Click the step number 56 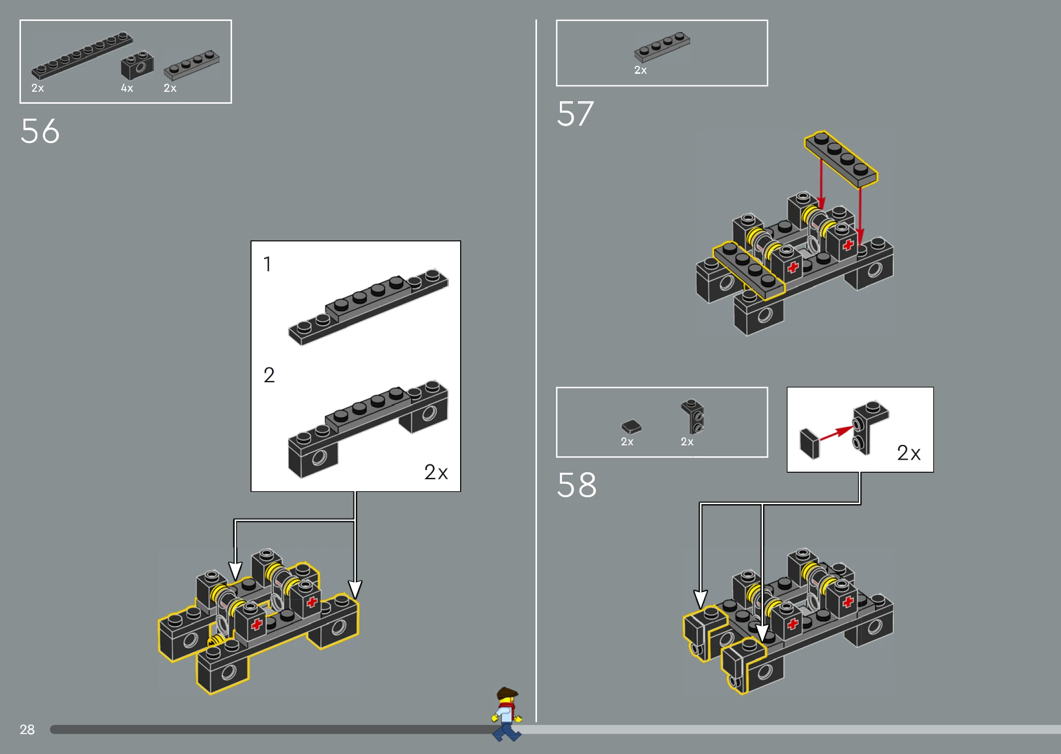tap(40, 131)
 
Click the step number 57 tap(575, 114)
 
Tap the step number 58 tap(576, 485)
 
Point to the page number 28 tap(27, 730)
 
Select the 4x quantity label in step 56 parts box tap(127, 88)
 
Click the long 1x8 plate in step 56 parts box tap(82, 55)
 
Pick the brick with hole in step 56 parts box tap(137, 65)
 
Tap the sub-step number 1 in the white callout tap(267, 264)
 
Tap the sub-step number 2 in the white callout tap(269, 375)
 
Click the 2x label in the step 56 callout tap(436, 472)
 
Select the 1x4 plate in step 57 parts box tap(662, 47)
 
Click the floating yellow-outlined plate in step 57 tap(841, 159)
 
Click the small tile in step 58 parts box tap(631, 426)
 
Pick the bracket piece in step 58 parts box tap(693, 416)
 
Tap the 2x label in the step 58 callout tap(909, 453)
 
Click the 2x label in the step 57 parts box tap(640, 70)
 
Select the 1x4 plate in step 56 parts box tap(192, 65)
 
